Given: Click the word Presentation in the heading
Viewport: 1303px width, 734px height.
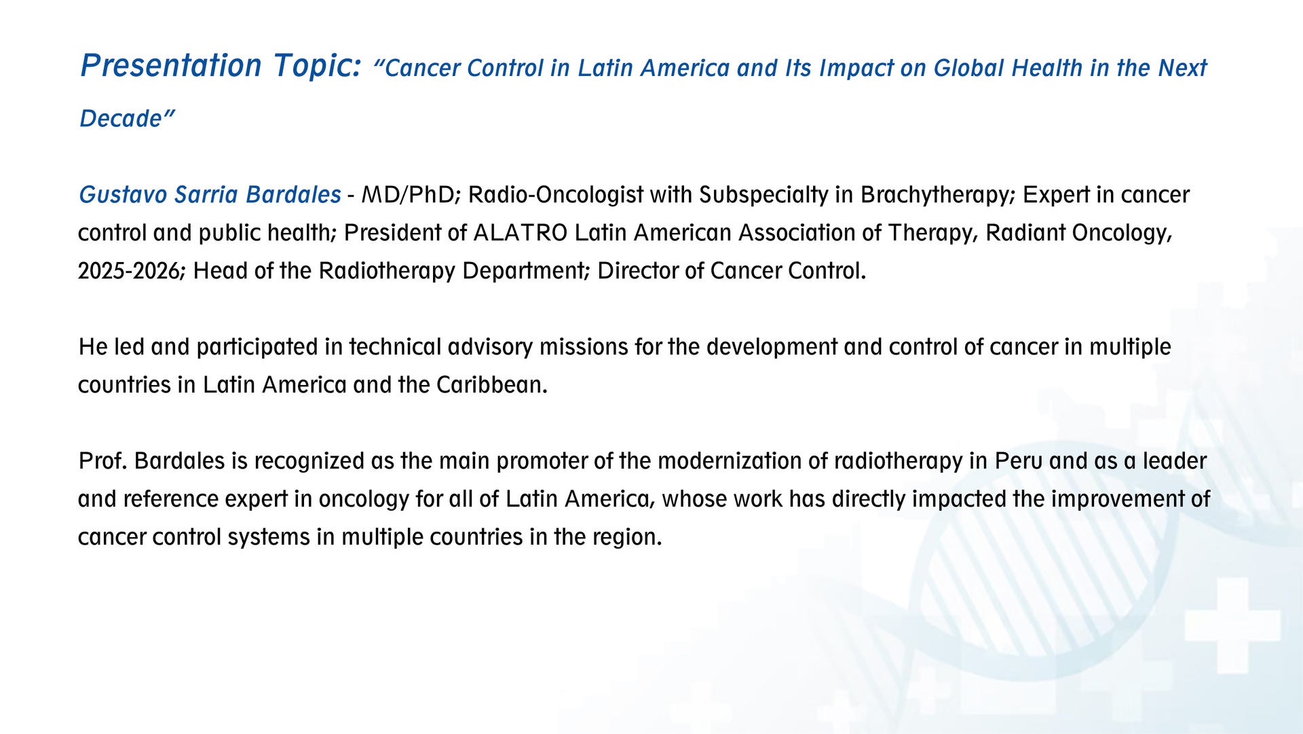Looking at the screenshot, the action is [171, 66].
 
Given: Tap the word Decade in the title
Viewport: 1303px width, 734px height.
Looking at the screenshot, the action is [121, 119].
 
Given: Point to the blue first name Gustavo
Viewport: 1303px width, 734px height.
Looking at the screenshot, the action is [123, 195].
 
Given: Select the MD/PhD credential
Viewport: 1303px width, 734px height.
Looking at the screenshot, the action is [411, 196].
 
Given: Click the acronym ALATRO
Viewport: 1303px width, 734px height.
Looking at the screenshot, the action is [520, 233].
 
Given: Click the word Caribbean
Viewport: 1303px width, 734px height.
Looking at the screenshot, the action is [491, 385].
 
